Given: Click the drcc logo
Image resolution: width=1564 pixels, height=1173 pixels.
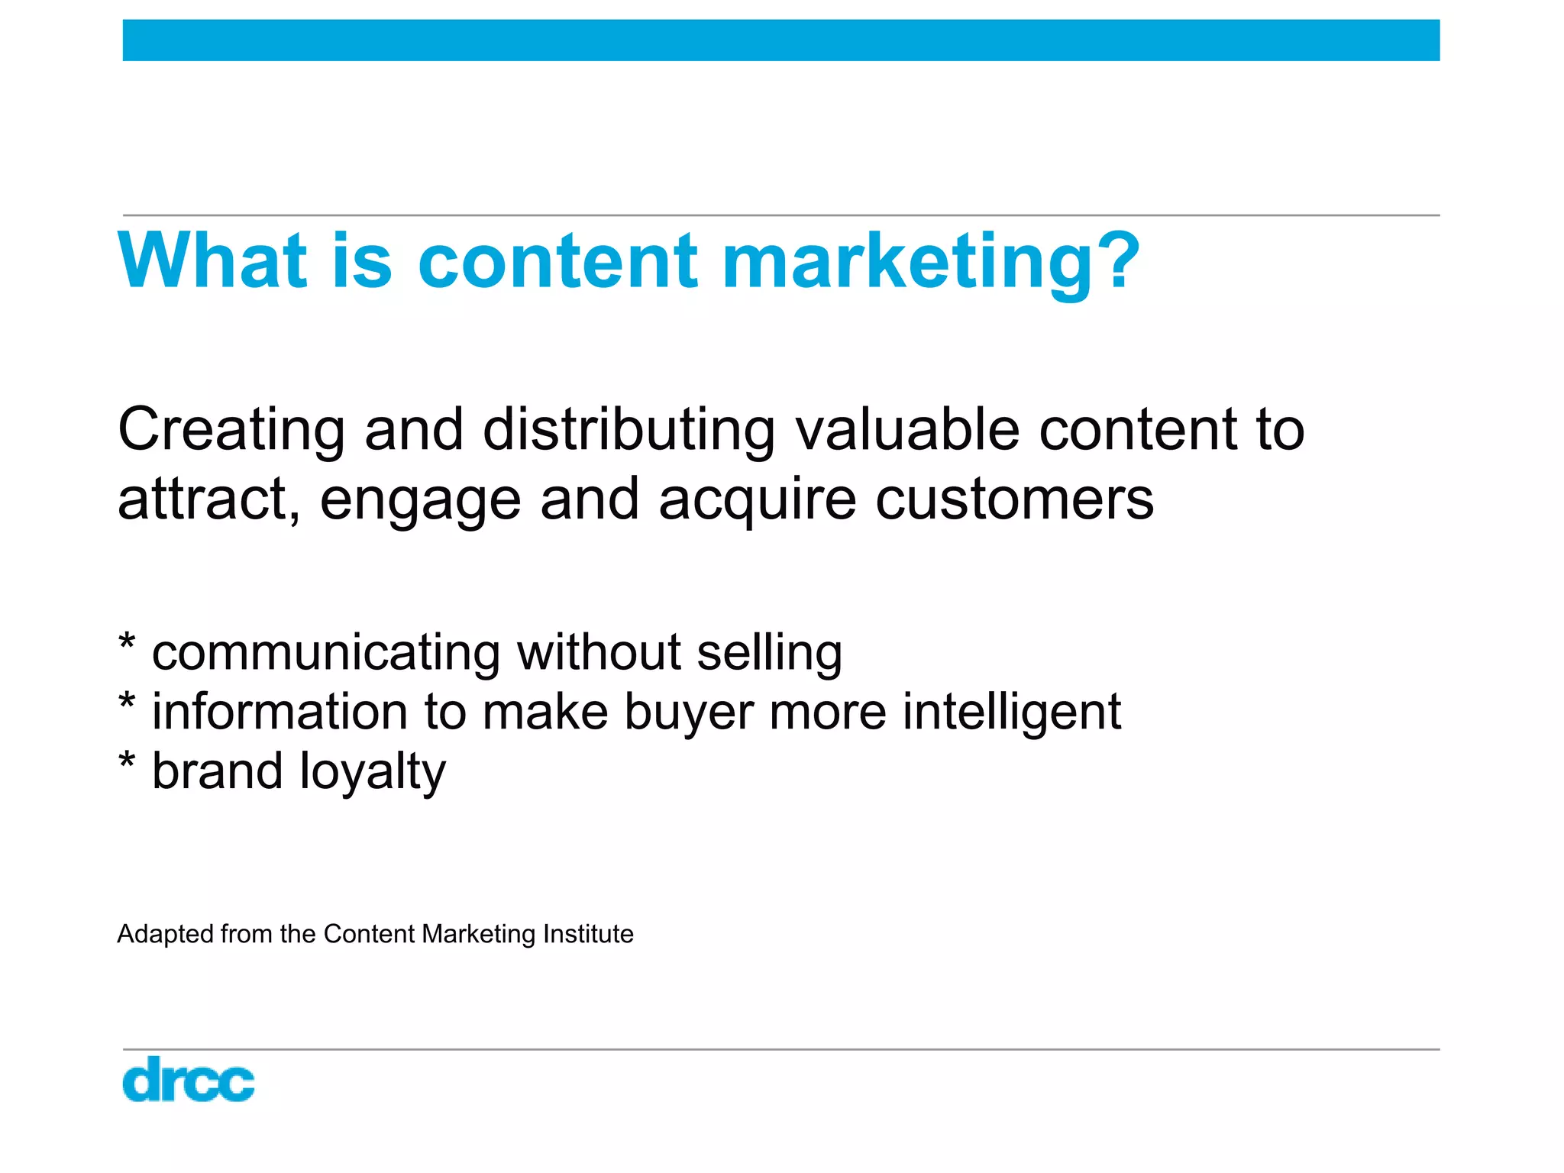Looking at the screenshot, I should pos(188,1079).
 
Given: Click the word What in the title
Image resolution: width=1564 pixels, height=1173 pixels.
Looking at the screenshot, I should pos(212,261).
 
